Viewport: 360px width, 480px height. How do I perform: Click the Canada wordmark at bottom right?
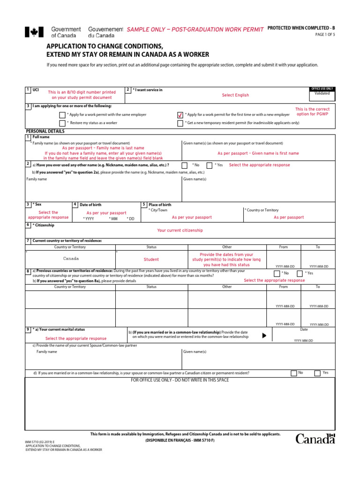pyautogui.click(x=315, y=439)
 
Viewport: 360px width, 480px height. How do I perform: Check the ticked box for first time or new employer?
pyautogui.click(x=180, y=115)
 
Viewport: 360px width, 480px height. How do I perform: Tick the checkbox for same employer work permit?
pyautogui.click(x=62, y=115)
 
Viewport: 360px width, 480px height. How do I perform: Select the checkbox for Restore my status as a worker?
pyautogui.click(x=62, y=123)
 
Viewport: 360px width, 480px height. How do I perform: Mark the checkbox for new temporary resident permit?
pyautogui.click(x=180, y=123)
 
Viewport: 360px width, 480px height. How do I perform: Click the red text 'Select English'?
pyautogui.click(x=235, y=95)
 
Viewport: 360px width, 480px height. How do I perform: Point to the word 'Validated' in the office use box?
pyautogui.click(x=322, y=94)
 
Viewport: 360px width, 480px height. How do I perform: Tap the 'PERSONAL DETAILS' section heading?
pyautogui.click(x=45, y=131)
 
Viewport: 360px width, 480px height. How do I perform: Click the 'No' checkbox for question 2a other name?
pyautogui.click(x=185, y=165)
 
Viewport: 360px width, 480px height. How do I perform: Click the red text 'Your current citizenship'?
pyautogui.click(x=180, y=231)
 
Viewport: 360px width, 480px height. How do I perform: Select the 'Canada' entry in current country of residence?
pyautogui.click(x=71, y=259)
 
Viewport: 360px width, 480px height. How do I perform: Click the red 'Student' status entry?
pyautogui.click(x=151, y=259)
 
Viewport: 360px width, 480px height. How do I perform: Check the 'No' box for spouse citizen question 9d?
pyautogui.click(x=293, y=373)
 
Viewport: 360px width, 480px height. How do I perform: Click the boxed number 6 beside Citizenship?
pyautogui.click(x=28, y=225)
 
